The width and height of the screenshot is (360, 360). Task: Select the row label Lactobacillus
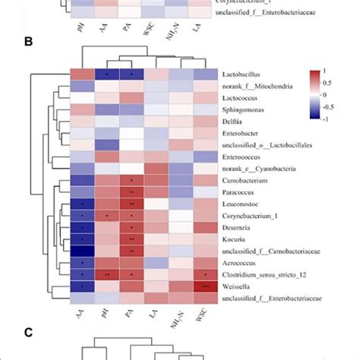(x=243, y=74)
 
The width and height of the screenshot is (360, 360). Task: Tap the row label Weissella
(x=237, y=286)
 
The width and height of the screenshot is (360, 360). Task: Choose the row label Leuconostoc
(x=242, y=204)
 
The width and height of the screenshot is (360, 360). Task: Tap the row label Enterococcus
(x=242, y=156)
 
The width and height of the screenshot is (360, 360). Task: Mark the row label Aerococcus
(x=241, y=263)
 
